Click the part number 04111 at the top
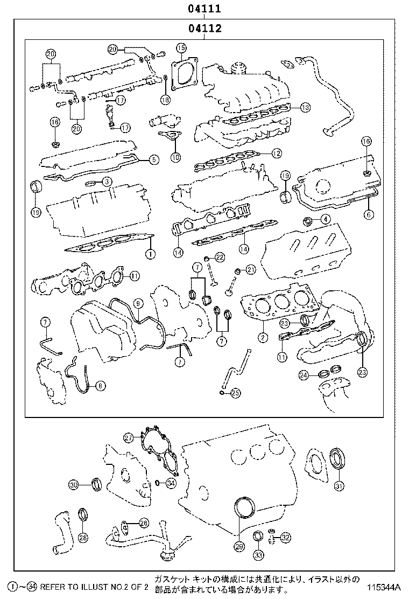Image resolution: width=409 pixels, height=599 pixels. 204,9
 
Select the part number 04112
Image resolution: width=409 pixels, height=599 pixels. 204,29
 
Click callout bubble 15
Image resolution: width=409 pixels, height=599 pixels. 181,48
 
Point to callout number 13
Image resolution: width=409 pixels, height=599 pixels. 305,107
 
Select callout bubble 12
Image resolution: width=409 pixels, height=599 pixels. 276,153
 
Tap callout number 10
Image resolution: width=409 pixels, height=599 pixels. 175,157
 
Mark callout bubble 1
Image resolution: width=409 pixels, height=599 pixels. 150,253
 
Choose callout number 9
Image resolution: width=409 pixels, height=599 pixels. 138,303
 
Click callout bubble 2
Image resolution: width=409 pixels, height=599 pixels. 263,338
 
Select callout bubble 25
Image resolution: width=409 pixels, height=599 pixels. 235,393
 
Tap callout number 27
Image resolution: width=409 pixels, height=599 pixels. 128,437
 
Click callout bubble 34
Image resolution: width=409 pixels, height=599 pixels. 171,483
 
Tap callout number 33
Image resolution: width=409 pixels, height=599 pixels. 259,555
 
